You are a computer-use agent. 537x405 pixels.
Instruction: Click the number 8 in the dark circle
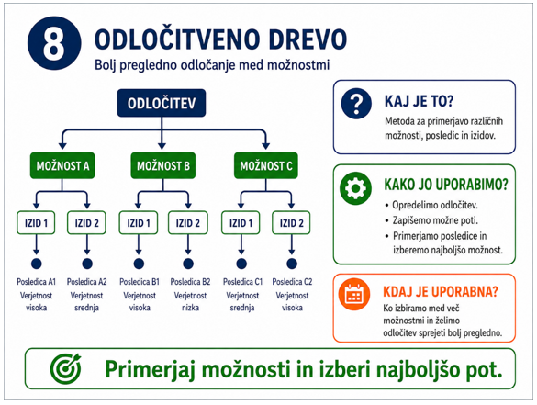click(54, 43)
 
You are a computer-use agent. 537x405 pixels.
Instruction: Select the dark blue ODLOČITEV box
click(162, 103)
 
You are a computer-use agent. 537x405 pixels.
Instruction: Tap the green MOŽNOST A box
click(62, 166)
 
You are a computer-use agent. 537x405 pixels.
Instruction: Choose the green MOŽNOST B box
click(163, 166)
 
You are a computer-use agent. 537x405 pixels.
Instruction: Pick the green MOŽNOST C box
click(266, 166)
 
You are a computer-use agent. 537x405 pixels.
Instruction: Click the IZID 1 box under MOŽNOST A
click(36, 223)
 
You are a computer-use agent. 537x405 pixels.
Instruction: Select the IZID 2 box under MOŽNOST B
click(188, 223)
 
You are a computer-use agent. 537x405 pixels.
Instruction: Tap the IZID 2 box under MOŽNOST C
click(291, 223)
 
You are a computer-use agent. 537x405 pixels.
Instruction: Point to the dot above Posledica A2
click(87, 264)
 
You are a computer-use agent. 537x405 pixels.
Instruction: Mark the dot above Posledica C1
click(241, 264)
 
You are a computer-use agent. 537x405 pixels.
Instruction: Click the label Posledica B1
click(140, 282)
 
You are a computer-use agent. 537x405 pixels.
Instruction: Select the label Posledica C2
click(292, 282)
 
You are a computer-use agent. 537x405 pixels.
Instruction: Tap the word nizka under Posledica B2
click(190, 308)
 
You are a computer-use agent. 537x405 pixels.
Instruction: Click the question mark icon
click(356, 104)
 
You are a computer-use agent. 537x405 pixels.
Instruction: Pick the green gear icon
click(355, 188)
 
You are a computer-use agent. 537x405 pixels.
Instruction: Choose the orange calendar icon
click(354, 295)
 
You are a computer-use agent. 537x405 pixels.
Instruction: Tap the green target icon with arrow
click(66, 368)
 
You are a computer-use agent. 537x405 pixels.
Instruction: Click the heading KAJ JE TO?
click(419, 101)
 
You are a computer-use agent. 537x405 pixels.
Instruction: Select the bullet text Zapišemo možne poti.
click(435, 220)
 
